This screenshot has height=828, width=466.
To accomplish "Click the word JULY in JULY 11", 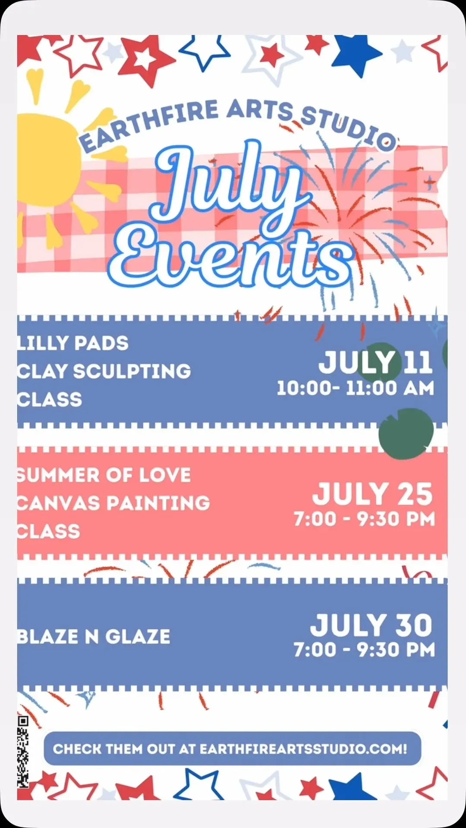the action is tap(356, 362).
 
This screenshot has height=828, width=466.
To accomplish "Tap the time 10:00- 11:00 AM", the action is tap(355, 388).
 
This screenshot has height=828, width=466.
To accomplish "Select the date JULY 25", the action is tap(372, 494).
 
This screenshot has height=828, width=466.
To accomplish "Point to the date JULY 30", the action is tap(371, 625).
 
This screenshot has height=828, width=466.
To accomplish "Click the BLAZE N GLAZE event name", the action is tap(94, 637).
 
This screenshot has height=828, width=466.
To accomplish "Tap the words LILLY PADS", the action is tap(73, 343).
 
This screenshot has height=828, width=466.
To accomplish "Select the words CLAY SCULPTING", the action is tap(104, 371).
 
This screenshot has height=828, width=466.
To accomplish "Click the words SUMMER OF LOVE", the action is tap(104, 475).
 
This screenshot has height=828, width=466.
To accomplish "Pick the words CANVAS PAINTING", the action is tap(113, 503).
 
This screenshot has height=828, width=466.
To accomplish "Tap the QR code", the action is tap(23, 751).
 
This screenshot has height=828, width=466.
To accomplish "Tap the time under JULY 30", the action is tap(365, 650).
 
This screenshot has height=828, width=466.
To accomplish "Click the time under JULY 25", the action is tap(365, 519).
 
